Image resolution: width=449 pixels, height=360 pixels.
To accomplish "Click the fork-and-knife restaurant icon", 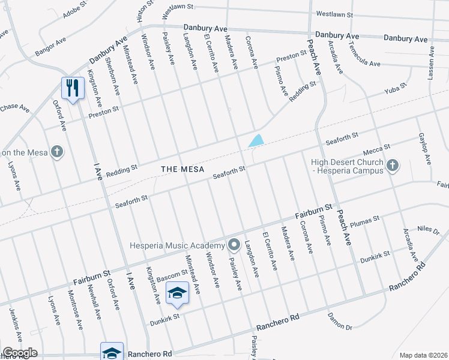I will pyautogui.click(x=71, y=88).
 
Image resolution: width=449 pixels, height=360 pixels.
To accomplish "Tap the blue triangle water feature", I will pyautogui.click(x=256, y=141).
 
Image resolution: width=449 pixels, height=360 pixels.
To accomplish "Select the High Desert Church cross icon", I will pyautogui.click(x=393, y=165).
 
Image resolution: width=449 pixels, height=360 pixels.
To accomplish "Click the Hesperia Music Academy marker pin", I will pyautogui.click(x=234, y=245).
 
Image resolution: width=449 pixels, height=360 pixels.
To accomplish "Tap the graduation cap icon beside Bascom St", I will pyautogui.click(x=177, y=293).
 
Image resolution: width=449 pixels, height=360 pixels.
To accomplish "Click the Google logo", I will pyautogui.click(x=19, y=353).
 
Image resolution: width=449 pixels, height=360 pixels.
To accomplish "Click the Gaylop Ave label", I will pyautogui.click(x=424, y=149).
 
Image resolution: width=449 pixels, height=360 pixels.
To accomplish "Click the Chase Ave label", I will pyautogui.click(x=15, y=108).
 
